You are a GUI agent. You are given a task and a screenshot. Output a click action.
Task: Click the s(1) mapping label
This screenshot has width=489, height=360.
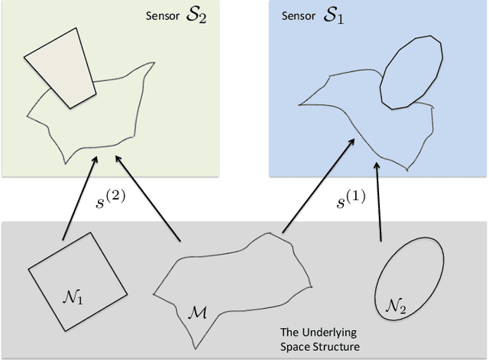351,201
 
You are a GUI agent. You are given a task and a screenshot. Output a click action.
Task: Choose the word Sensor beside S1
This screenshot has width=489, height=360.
300,17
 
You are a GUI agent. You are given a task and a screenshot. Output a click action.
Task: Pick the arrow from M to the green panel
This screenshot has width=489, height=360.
148,199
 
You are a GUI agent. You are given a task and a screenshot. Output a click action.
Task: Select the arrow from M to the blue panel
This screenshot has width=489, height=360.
318,184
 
